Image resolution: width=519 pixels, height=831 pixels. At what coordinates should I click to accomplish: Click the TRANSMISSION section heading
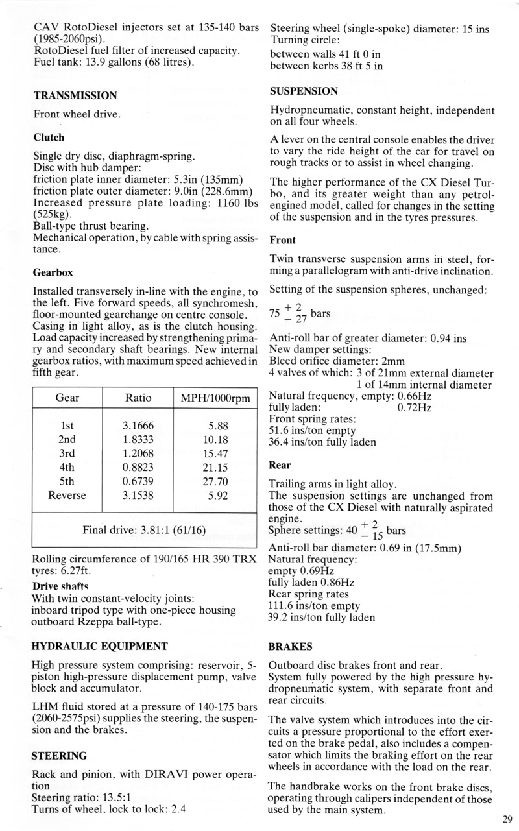(75, 95)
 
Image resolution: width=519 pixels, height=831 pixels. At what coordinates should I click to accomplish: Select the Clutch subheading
(49, 138)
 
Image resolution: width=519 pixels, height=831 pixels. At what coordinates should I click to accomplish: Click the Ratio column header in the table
(137, 397)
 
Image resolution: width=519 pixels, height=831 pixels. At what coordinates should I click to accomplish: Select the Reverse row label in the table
(67, 496)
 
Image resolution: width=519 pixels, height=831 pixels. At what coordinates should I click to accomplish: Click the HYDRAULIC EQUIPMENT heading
(101, 646)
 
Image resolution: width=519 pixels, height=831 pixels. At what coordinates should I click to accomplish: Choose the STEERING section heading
(60, 756)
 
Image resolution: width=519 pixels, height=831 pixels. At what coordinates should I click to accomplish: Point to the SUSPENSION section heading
(304, 91)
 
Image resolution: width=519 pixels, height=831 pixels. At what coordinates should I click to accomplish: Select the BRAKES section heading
(291, 647)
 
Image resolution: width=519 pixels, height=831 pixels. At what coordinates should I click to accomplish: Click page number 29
(507, 819)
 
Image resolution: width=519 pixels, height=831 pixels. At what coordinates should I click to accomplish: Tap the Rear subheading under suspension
(280, 465)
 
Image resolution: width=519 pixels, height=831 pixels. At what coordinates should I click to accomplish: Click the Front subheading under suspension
(282, 240)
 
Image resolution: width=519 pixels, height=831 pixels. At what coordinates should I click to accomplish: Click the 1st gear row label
(67, 426)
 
